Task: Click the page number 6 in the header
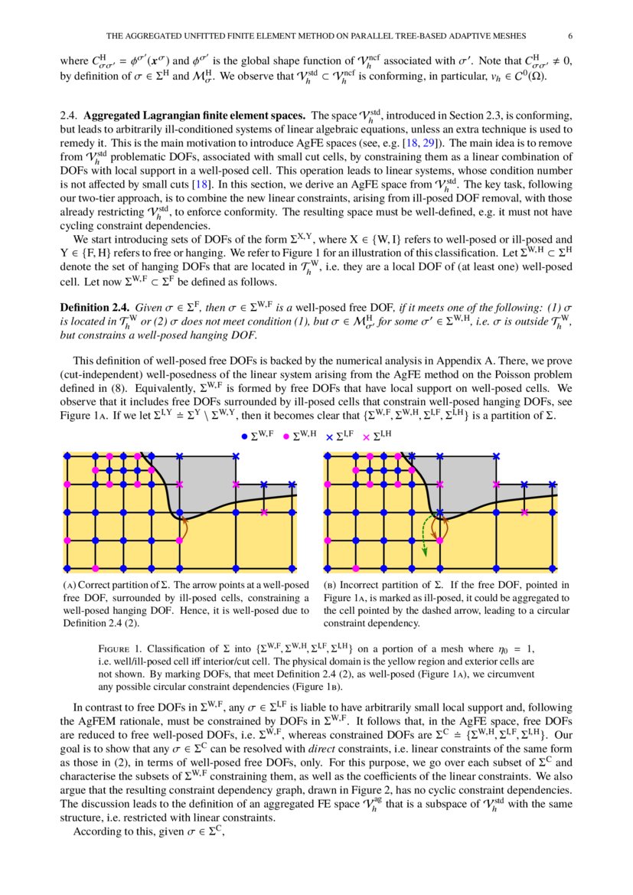click(x=570, y=35)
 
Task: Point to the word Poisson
click(x=514, y=373)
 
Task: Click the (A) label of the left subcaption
click(x=74, y=585)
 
